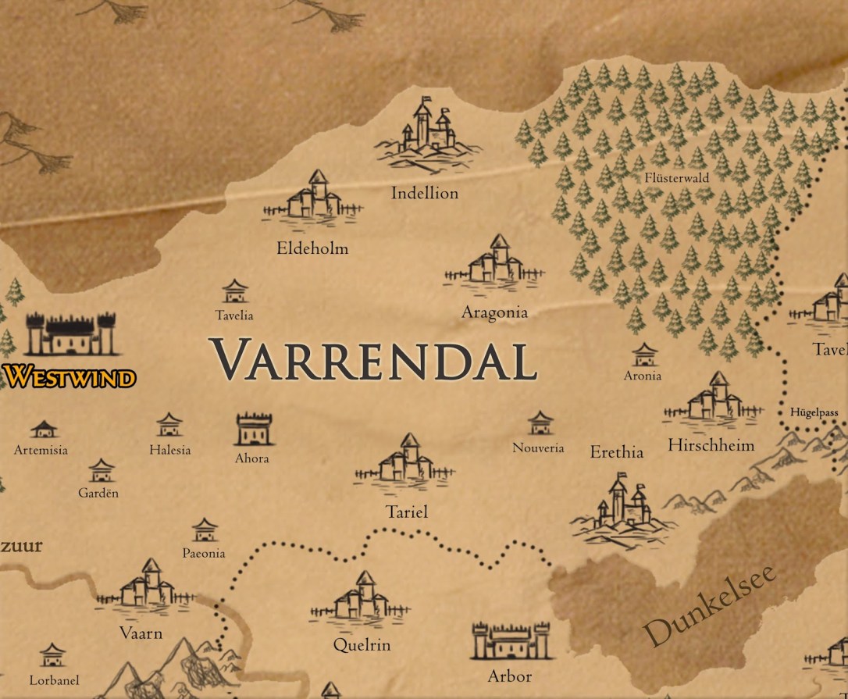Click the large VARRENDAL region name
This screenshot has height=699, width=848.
pyautogui.click(x=373, y=360)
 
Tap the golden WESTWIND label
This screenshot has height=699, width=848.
pyautogui.click(x=69, y=377)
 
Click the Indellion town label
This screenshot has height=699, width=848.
pyautogui.click(x=424, y=193)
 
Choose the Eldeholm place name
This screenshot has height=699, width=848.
pyautogui.click(x=312, y=249)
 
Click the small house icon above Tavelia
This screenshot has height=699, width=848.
pyautogui.click(x=234, y=292)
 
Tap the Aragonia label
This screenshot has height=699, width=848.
pyautogui.click(x=494, y=312)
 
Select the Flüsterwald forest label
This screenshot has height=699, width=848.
pyautogui.click(x=676, y=178)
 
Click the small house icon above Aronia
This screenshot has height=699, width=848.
pyautogui.click(x=643, y=355)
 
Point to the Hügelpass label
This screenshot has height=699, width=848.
pyautogui.click(x=814, y=412)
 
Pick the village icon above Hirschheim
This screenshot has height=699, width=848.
pyautogui.click(x=714, y=398)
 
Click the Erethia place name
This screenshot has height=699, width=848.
pyautogui.click(x=616, y=452)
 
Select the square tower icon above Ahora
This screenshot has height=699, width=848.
pyautogui.click(x=255, y=430)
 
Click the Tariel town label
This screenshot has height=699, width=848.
pyautogui.click(x=406, y=512)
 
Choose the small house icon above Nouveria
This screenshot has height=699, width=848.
pyautogui.click(x=539, y=423)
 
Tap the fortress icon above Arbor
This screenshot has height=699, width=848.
pyautogui.click(x=511, y=641)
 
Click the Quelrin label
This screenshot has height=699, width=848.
pyautogui.click(x=362, y=645)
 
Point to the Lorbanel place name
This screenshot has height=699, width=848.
pyautogui.click(x=54, y=680)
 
